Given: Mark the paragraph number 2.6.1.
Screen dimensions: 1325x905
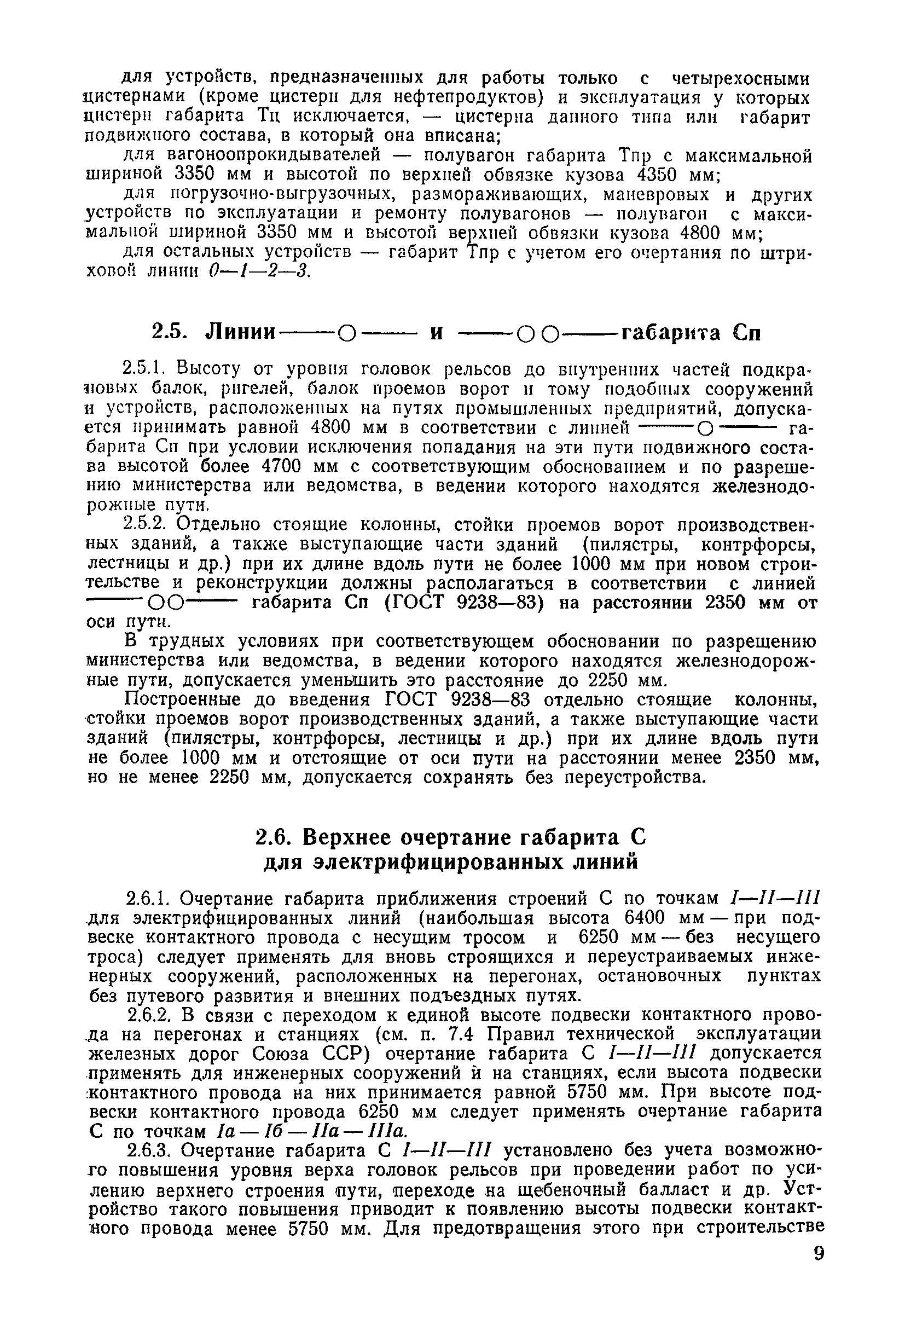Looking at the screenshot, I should pyautogui.click(x=149, y=899).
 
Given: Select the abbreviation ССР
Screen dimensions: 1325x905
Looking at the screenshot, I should pyautogui.click(x=337, y=1053).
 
